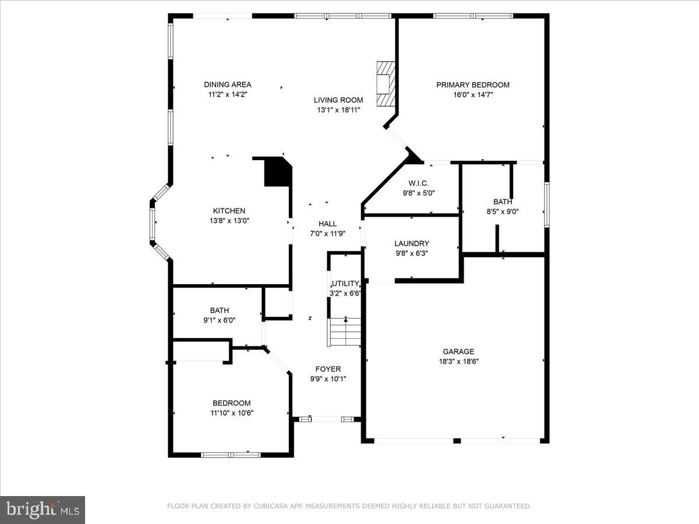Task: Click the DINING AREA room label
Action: [228, 84]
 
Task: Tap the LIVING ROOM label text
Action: [338, 100]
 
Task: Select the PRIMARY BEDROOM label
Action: [472, 85]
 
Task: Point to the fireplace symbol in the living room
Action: [385, 84]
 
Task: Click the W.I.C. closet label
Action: [418, 183]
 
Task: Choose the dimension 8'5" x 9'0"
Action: [503, 212]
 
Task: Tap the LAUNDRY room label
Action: [411, 243]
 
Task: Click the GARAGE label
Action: [458, 351]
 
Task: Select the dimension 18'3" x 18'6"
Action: [458, 361]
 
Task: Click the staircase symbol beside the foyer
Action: [345, 331]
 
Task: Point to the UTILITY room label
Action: [346, 284]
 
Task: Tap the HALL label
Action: [327, 224]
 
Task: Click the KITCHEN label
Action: [228, 211]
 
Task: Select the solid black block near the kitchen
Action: [277, 172]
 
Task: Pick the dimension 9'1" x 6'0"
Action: [220, 320]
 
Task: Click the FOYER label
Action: [328, 369]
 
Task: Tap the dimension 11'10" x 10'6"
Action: [232, 413]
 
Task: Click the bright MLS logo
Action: [43, 509]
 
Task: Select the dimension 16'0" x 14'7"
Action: [472, 95]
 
